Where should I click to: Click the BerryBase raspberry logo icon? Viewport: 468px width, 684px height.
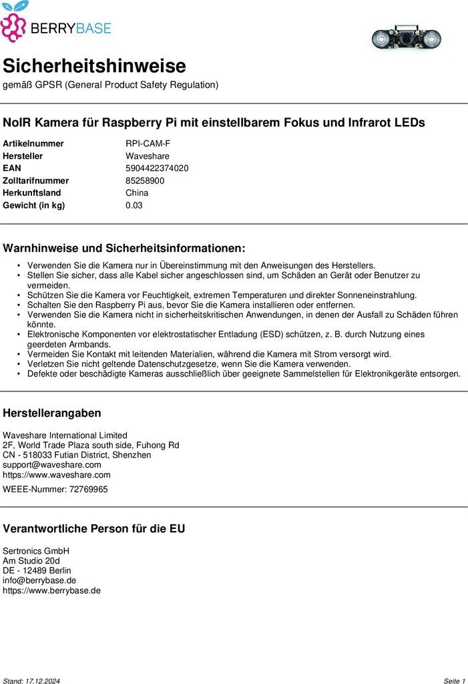[x=13, y=25]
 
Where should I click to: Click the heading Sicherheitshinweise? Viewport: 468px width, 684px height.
[x=94, y=66]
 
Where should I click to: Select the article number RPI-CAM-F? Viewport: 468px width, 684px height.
[x=148, y=144]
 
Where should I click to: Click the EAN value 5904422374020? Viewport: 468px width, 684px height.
[x=157, y=168]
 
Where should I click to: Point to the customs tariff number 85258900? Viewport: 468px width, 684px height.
[x=145, y=180]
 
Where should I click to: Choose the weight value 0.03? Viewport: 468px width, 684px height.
[x=134, y=205]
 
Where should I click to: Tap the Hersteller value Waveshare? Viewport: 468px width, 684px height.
[x=148, y=156]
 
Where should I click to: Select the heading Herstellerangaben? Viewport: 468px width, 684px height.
[x=52, y=413]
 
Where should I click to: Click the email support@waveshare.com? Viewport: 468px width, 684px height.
[x=52, y=465]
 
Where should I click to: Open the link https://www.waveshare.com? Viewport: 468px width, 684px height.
[x=57, y=475]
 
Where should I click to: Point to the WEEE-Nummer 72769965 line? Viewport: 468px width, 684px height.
[x=55, y=490]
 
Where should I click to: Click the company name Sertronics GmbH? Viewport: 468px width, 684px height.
[x=36, y=551]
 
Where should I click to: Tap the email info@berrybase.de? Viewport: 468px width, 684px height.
[x=39, y=580]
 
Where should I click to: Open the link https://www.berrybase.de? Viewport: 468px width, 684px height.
[x=51, y=590]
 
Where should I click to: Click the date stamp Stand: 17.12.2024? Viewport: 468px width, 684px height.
[x=31, y=681]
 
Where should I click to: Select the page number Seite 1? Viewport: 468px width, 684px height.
[x=454, y=681]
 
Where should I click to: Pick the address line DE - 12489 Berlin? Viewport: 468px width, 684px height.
[x=37, y=571]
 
